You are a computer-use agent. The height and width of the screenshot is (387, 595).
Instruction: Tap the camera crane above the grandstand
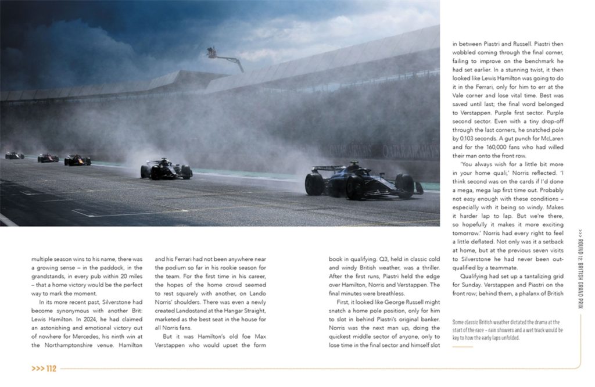click(224, 56)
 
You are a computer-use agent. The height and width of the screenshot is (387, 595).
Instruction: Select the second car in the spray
click(166, 169)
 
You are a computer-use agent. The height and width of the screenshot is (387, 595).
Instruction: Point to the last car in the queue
click(14, 155)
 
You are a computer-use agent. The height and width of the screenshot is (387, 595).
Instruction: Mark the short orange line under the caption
click(463, 347)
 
